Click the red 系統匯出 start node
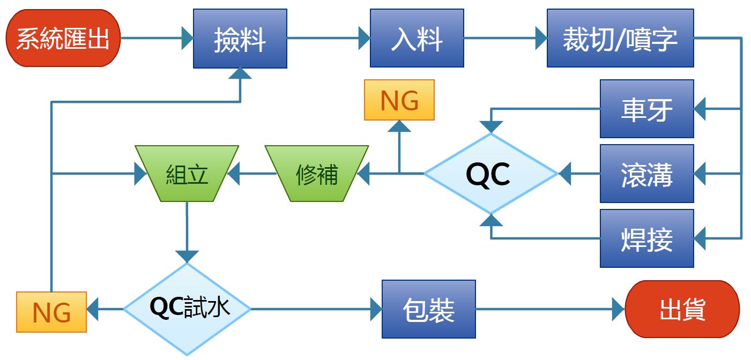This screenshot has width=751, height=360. pyautogui.click(x=63, y=39)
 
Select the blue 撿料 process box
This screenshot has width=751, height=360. pyautogui.click(x=240, y=39)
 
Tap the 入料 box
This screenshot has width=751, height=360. pyautogui.click(x=417, y=39)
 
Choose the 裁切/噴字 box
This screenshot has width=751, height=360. pyautogui.click(x=620, y=39)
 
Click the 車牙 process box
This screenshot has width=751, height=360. pyautogui.click(x=646, y=109)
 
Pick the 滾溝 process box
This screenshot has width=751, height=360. pyautogui.click(x=646, y=174)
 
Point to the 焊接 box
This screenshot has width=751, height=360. pyautogui.click(x=646, y=238)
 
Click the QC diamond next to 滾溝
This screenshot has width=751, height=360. pyautogui.click(x=491, y=174)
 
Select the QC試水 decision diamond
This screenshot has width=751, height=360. pyautogui.click(x=187, y=309)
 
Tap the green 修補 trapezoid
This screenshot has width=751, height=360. pyautogui.click(x=317, y=174)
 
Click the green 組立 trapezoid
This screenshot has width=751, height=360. pyautogui.click(x=187, y=174)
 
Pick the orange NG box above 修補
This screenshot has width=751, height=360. pyautogui.click(x=399, y=100)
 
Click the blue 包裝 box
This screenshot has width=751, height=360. pyautogui.click(x=428, y=309)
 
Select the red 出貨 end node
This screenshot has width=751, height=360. pyautogui.click(x=682, y=309)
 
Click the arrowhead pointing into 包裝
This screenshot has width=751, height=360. pyautogui.click(x=376, y=309)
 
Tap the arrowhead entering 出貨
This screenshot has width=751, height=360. pyautogui.click(x=619, y=309)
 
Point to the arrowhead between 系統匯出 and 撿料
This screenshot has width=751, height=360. pyautogui.click(x=187, y=38)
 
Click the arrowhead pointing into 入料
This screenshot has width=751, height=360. pyautogui.click(x=364, y=38)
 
